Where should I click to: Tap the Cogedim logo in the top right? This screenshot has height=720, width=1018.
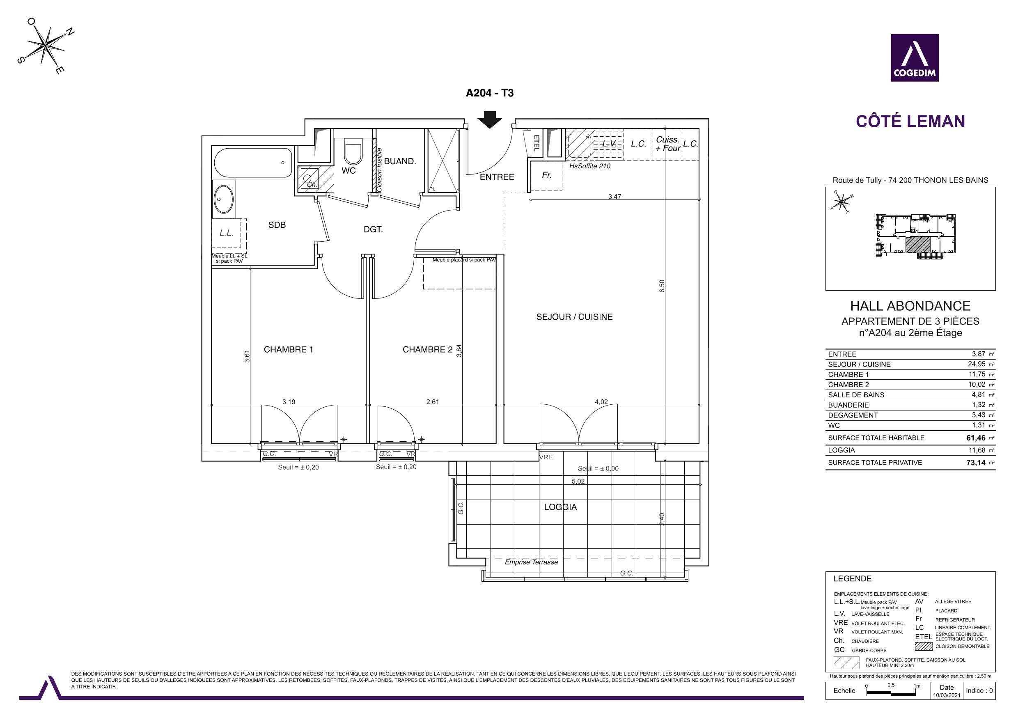point(915,57)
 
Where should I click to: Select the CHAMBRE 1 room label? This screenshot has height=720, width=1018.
point(288,349)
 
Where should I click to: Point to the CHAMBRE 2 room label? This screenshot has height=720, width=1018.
point(427,349)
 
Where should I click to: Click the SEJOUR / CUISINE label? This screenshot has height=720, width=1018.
point(574,316)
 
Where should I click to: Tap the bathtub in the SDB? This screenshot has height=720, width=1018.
point(253,163)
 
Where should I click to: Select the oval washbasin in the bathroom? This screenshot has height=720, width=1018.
point(224,199)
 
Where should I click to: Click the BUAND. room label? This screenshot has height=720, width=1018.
point(400,161)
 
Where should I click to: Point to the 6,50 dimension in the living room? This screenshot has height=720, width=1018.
point(662,286)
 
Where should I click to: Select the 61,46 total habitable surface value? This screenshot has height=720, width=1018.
point(976,438)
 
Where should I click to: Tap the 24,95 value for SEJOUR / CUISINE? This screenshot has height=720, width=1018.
point(977,364)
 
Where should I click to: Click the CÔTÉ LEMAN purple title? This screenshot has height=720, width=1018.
point(910,121)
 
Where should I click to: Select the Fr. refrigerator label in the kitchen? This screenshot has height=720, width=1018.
point(547,175)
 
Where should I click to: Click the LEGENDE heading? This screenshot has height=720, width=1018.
point(852,578)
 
